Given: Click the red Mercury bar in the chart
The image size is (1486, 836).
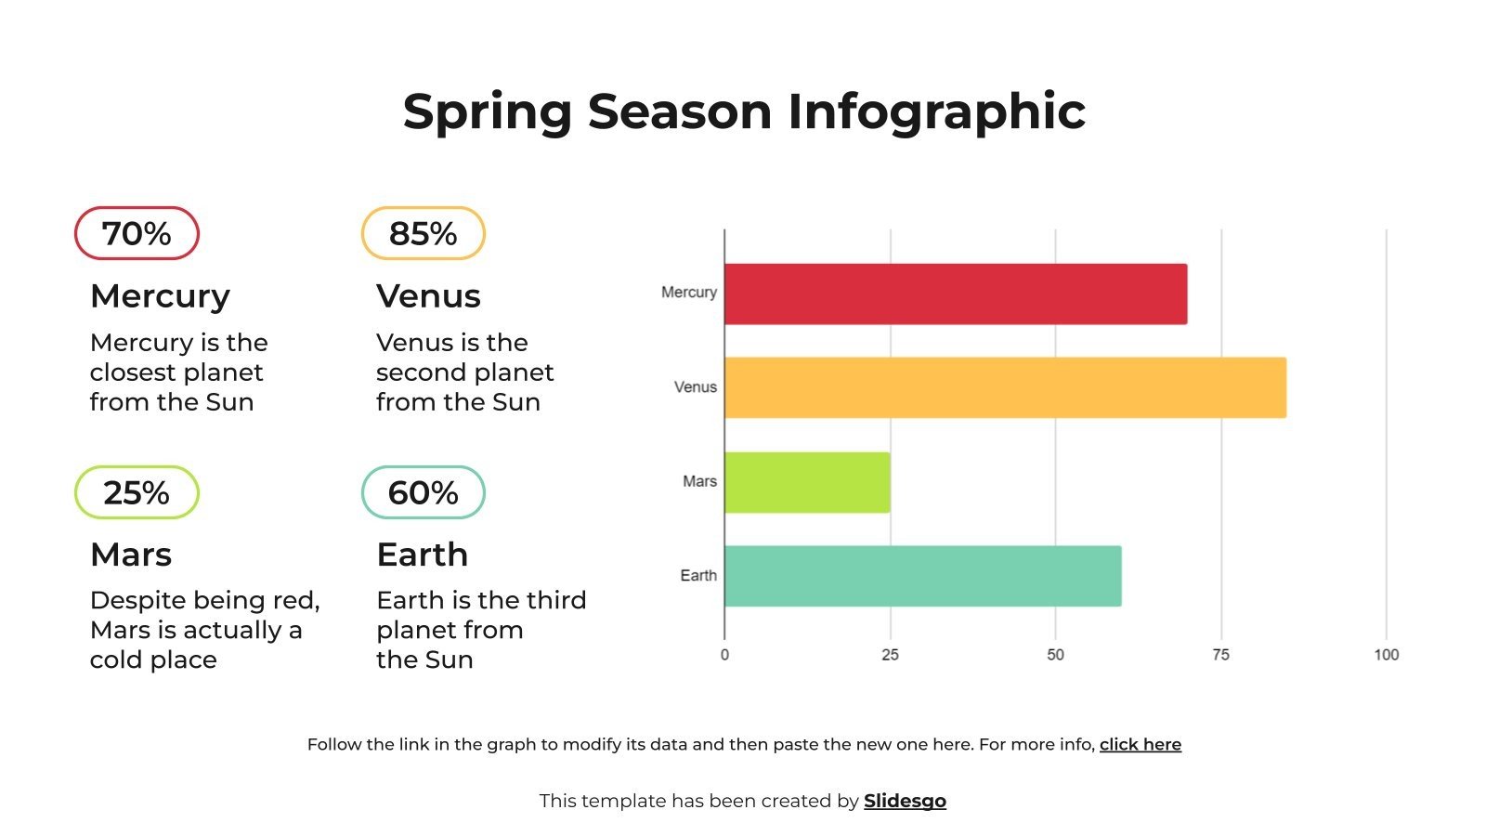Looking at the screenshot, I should click(955, 294).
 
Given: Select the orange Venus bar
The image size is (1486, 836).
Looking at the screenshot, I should click(1005, 387).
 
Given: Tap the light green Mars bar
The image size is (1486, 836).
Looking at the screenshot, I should click(806, 482).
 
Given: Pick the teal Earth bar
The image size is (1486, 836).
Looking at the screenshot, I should click(922, 576).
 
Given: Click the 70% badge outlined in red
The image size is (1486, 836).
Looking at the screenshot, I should click(137, 233).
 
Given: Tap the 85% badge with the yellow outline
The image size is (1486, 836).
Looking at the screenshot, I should click(423, 233).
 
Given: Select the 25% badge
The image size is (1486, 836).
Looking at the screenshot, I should click(137, 492).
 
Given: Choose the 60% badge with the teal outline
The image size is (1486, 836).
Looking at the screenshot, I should click(423, 492).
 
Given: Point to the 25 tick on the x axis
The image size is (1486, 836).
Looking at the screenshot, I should click(890, 655).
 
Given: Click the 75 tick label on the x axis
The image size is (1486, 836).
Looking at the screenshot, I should click(1220, 655).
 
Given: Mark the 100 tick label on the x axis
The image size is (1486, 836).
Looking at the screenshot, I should click(1386, 655).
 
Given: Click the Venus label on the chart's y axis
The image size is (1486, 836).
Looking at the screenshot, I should click(695, 387).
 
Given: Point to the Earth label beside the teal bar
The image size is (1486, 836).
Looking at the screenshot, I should click(697, 576).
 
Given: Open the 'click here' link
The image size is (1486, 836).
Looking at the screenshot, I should click(1140, 744).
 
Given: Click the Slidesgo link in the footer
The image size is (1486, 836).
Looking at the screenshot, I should click(905, 801).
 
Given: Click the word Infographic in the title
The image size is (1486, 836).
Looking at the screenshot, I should click(936, 111).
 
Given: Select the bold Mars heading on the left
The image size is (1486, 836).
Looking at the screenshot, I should click(131, 555).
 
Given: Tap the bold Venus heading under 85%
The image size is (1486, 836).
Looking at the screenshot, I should click(428, 296).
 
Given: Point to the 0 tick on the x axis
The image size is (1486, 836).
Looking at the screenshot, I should click(724, 655).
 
